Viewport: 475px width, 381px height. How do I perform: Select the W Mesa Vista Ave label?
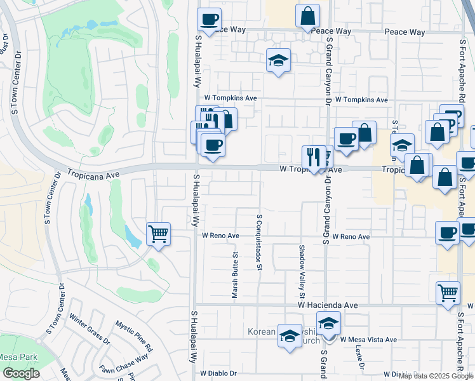coord(368,340)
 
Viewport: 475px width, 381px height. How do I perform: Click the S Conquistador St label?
coord(259,242)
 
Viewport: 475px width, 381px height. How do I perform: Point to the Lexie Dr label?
coord(359,359)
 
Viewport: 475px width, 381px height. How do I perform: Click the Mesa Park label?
coord(18,358)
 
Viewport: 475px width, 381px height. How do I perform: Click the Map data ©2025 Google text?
coord(436,376)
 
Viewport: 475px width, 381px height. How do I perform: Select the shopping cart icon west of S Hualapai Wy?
coord(158,233)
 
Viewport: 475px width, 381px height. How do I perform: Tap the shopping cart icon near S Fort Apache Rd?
coord(448,292)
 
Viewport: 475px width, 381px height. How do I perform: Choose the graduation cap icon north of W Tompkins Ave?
coord(278,60)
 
